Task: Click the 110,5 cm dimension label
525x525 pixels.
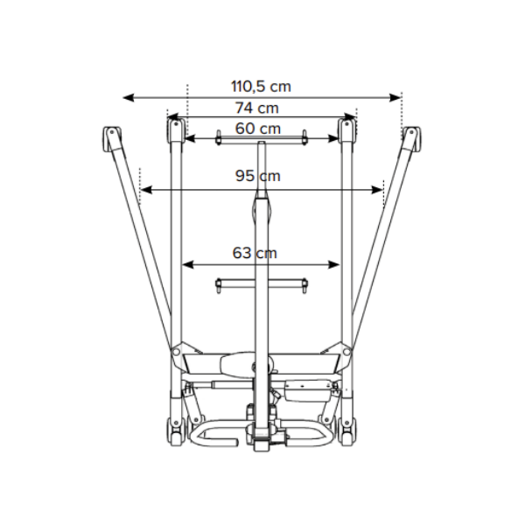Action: point(261,87)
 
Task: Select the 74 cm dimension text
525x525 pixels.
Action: point(256,108)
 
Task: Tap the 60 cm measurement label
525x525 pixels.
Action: point(258,129)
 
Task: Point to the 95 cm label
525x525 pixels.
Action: point(258,176)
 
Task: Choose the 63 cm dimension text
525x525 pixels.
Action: point(255,253)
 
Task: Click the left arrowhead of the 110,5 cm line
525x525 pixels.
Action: point(129,98)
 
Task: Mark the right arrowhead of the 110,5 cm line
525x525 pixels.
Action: point(395,98)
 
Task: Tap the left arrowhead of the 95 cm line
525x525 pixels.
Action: point(146,190)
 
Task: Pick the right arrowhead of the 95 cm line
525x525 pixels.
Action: point(377,190)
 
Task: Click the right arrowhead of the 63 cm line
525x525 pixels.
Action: point(334,265)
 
